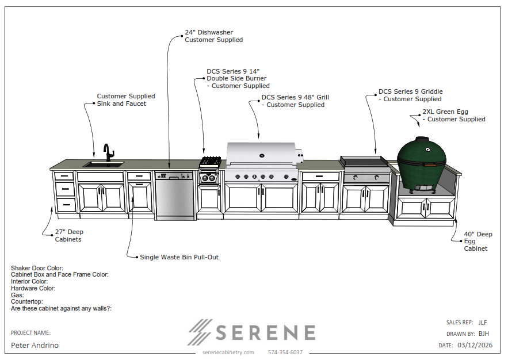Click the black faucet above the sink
[108, 153]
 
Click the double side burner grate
[210, 161]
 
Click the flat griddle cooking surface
[364, 160]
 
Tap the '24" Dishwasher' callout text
[209, 32]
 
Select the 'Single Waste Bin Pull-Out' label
[179, 257]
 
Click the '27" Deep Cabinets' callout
[69, 236]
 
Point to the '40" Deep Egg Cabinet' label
[478, 241]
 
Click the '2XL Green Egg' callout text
[445, 112]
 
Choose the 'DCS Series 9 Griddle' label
[410, 91]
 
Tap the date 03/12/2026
[475, 345]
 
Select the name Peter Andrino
[35, 346]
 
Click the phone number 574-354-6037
[285, 352]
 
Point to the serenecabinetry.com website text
[228, 352]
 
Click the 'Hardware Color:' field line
[33, 288]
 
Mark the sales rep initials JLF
[483, 323]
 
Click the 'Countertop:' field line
[26, 302]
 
